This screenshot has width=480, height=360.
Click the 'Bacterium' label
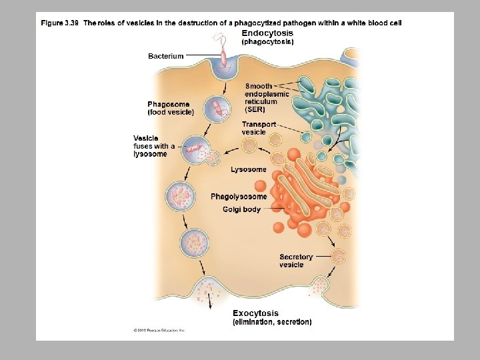[x=165, y=56]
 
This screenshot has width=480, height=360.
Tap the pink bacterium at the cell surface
[x=225, y=61]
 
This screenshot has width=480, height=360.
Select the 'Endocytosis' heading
[x=267, y=33]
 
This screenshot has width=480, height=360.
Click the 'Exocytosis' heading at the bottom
[x=256, y=313]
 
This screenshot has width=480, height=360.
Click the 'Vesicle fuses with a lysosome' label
[x=154, y=146]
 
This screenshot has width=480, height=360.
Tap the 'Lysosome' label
[x=249, y=169]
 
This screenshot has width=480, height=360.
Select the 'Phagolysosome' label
[x=239, y=197]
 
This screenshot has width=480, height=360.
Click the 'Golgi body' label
[x=241, y=210]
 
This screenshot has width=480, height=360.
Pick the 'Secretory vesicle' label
[x=296, y=261]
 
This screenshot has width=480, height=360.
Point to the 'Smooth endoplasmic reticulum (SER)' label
[x=267, y=97]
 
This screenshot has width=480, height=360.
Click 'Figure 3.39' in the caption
[x=60, y=23]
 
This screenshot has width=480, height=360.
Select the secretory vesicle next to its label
[x=339, y=255]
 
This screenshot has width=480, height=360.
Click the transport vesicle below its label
[x=250, y=145]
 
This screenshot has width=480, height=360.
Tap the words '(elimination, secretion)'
[x=271, y=322]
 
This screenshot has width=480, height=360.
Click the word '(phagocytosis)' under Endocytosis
[x=267, y=41]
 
